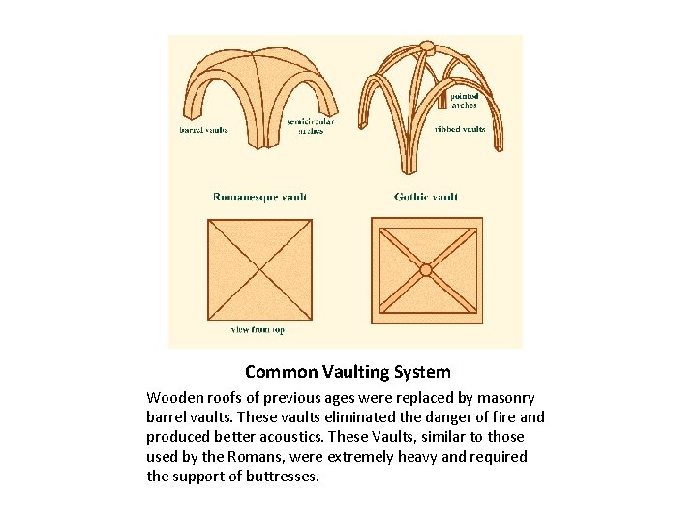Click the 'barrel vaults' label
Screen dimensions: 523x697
click(204, 129)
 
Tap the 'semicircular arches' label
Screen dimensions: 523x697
click(311, 126)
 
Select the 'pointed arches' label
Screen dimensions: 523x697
click(464, 101)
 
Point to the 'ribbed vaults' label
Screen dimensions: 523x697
click(460, 129)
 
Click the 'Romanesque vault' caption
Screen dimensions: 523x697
click(260, 197)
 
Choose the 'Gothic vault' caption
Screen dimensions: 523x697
click(426, 197)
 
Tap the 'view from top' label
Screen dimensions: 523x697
click(258, 330)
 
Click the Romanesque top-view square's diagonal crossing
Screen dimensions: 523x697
click(259, 270)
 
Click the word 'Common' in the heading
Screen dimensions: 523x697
click(277, 372)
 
